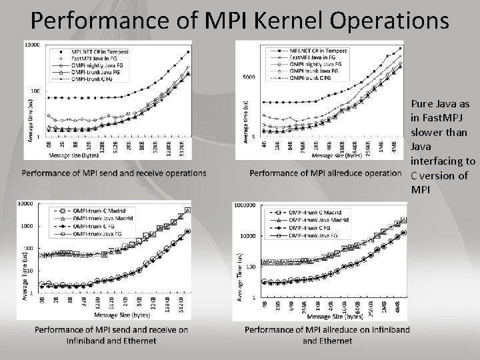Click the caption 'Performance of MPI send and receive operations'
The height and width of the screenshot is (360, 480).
pyautogui.click(x=114, y=173)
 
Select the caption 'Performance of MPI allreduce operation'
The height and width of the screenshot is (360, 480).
pyautogui.click(x=325, y=173)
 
